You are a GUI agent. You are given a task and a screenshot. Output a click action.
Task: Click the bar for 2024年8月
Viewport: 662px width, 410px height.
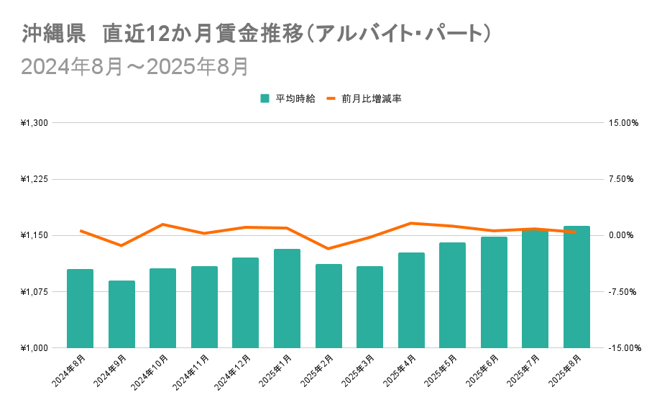pyautogui.click(x=80, y=309)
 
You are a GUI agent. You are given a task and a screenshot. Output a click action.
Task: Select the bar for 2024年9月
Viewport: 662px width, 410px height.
pyautogui.click(x=121, y=314)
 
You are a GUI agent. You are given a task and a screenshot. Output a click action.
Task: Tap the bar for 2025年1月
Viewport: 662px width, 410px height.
pyautogui.click(x=287, y=299)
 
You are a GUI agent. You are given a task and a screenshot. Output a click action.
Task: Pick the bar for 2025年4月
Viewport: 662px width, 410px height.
pyautogui.click(x=411, y=300)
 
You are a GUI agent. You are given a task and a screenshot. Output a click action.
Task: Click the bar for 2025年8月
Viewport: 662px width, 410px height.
pyautogui.click(x=576, y=287)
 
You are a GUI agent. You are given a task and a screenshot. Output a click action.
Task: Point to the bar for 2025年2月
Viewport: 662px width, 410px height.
pyautogui.click(x=328, y=306)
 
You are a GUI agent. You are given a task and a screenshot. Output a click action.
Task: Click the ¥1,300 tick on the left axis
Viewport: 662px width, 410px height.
pyautogui.click(x=35, y=123)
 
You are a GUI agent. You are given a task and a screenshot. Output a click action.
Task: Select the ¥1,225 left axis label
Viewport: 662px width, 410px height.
pyautogui.click(x=35, y=179)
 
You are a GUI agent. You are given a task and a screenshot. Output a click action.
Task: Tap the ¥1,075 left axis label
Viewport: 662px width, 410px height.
pyautogui.click(x=35, y=292)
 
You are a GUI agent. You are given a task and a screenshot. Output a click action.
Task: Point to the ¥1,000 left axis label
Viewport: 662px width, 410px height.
pyautogui.click(x=35, y=348)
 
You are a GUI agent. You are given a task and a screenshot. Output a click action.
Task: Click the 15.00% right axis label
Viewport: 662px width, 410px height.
pyautogui.click(x=623, y=123)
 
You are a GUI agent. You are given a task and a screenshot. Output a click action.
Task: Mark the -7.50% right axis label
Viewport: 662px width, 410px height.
pyautogui.click(x=624, y=292)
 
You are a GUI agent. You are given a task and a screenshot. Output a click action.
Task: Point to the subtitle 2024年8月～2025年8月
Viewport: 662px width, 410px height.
pyautogui.click(x=135, y=66)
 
